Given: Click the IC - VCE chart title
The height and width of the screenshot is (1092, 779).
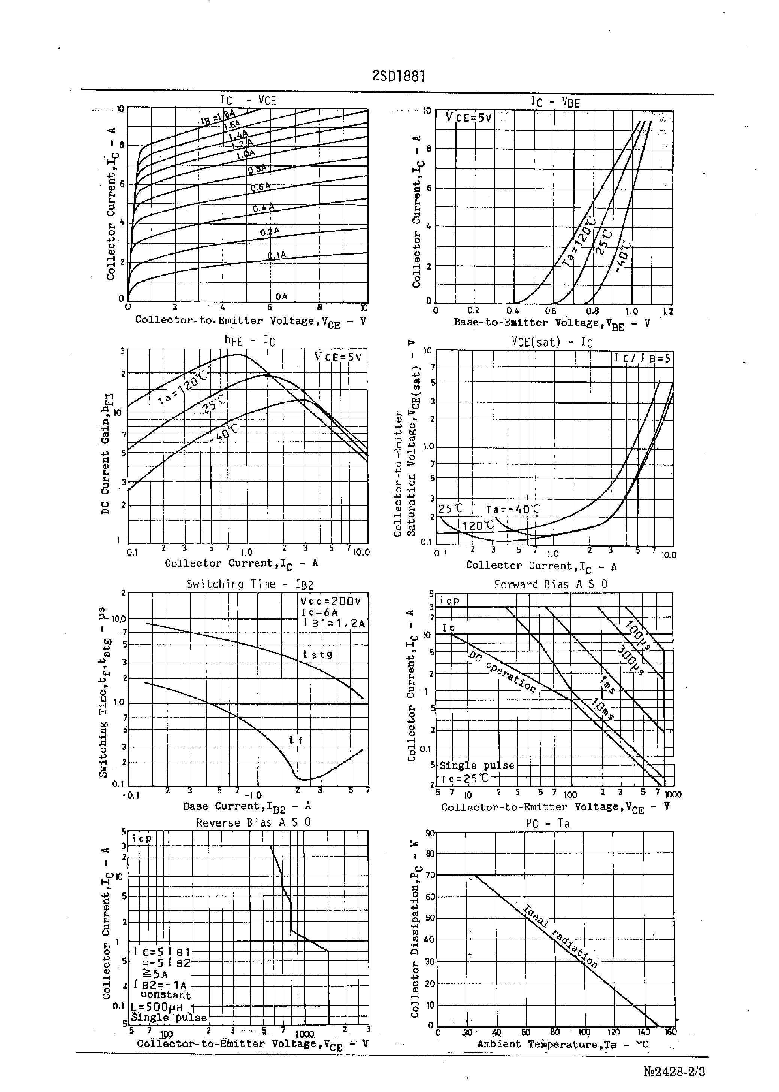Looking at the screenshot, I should point(248,100).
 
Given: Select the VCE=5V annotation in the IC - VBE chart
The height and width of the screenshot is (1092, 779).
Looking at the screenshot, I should point(468,118).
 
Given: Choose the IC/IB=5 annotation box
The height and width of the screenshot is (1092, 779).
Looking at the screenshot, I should point(642,358).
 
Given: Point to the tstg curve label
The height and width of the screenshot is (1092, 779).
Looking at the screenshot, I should point(318,654).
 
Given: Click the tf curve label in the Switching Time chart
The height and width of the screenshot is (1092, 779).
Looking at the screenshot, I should point(295,740).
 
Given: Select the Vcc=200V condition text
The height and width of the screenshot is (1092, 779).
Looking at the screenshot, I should point(330,601).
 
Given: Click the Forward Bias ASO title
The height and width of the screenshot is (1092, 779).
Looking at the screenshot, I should point(551,584).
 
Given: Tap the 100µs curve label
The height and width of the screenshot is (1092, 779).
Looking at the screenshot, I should point(637,636).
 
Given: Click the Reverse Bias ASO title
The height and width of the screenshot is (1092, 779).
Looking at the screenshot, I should point(253,822).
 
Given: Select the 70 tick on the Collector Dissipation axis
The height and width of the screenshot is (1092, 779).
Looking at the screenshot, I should point(430,875).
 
